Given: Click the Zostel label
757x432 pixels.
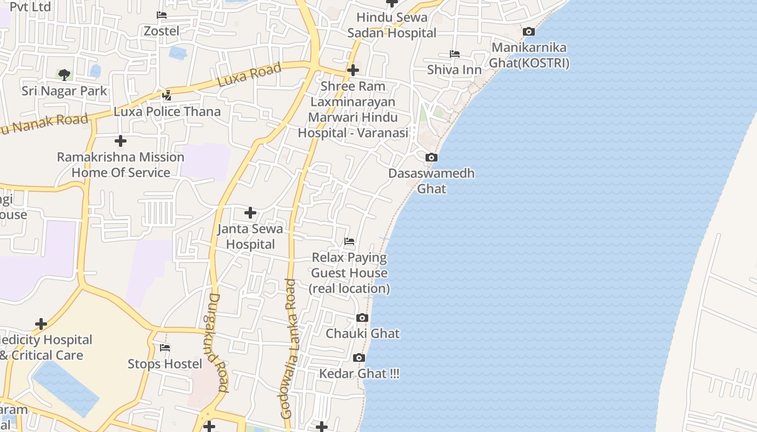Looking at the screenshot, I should (x=161, y=31).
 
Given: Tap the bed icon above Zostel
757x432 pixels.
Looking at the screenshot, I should (x=161, y=15).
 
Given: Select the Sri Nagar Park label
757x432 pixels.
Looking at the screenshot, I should (x=64, y=91).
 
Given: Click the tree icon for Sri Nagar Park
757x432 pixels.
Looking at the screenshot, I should (x=64, y=75).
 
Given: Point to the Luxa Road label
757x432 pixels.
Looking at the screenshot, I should (x=249, y=75).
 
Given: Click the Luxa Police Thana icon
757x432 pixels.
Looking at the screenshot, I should (x=167, y=96).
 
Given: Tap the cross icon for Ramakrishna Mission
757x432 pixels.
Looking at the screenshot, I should (x=121, y=141).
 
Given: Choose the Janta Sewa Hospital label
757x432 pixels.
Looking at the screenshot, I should (x=250, y=237).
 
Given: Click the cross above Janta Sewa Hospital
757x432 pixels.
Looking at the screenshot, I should (x=250, y=213).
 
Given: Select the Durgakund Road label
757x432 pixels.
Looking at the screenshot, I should (x=216, y=342).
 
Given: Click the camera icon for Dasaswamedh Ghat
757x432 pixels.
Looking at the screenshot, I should (x=431, y=158).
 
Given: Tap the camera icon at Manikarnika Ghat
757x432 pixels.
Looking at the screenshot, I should (x=529, y=32).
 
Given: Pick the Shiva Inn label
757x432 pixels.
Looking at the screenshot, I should (x=454, y=70).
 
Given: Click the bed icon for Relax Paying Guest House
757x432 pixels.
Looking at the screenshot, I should (x=349, y=241).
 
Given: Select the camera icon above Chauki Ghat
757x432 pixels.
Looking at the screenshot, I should (x=362, y=318).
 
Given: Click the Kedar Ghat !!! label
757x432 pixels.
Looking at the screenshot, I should (x=359, y=374).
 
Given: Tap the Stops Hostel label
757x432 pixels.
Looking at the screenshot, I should (x=165, y=364).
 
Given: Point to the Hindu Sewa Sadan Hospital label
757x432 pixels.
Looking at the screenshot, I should (x=391, y=25).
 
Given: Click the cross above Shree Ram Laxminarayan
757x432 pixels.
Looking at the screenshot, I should (x=353, y=70).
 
